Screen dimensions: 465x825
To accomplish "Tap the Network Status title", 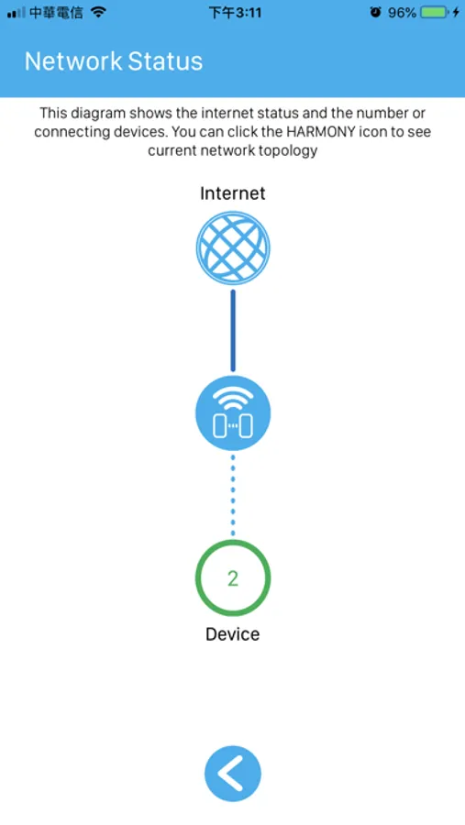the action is click(x=113, y=61).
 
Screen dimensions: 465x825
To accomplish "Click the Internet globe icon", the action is click(x=233, y=247).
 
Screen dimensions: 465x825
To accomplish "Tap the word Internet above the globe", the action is click(x=233, y=193).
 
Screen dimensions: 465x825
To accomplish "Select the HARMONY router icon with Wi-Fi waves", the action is click(x=233, y=413).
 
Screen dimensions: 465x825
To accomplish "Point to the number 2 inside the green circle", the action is click(x=233, y=578).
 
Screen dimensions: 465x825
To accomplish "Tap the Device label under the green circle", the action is click(x=233, y=633).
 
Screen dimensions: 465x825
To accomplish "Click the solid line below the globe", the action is click(x=233, y=331).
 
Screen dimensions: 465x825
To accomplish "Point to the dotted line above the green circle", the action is click(x=233, y=496).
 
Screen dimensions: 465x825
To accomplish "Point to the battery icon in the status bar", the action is click(x=435, y=12).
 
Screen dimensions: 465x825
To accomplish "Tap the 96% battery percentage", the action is click(x=403, y=12).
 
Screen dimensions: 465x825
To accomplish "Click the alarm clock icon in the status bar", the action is click(x=375, y=12).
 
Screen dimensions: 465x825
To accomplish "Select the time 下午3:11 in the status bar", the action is click(x=236, y=13).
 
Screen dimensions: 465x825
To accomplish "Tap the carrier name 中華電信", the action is click(x=56, y=13).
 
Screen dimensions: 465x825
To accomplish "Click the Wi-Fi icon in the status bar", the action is click(x=98, y=12).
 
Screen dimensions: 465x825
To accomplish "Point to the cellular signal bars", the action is click(x=16, y=13).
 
